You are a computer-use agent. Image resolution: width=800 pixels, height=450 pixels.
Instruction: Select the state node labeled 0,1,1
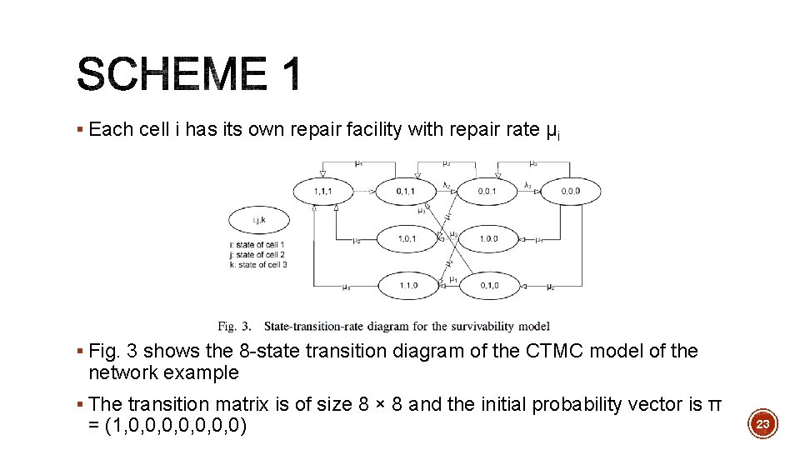coord(406,192)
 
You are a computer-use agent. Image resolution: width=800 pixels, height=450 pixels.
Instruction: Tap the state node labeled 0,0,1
coord(488,192)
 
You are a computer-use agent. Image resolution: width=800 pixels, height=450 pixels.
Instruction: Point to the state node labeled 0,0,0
coord(570,192)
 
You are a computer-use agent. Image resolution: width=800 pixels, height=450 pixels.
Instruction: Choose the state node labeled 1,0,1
coord(407,239)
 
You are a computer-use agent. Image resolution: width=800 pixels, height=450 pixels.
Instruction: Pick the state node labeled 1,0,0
coord(488,239)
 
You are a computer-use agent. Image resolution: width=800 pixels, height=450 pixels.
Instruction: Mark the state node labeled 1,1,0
coord(407,286)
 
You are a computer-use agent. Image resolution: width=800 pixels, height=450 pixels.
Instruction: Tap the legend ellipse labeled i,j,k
coord(258,220)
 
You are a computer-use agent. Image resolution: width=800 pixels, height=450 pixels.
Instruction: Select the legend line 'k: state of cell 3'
coord(257,264)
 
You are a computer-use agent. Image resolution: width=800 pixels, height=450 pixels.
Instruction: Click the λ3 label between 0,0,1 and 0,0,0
coord(527,185)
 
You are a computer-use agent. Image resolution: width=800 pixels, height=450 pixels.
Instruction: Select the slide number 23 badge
coord(762,424)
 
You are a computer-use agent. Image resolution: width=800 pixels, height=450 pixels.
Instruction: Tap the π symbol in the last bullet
coord(714,405)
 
